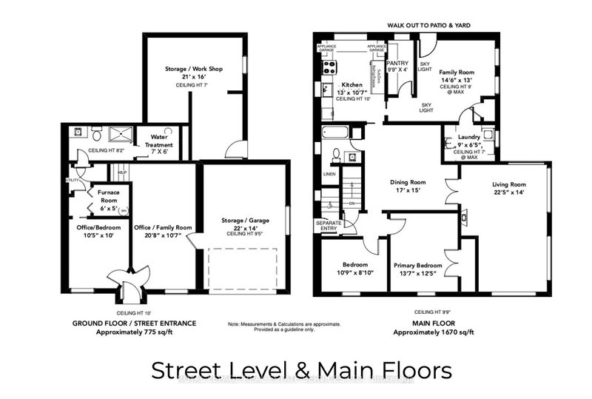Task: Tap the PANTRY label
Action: pyautogui.click(x=398, y=64)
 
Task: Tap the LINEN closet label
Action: pyautogui.click(x=329, y=175)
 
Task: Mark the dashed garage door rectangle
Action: pyautogui.click(x=243, y=269)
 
